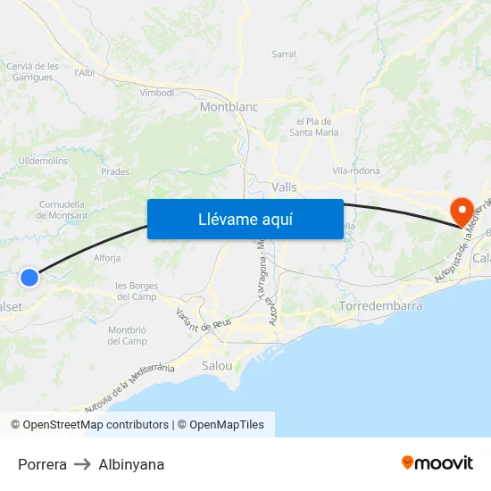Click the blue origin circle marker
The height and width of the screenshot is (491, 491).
point(29,278)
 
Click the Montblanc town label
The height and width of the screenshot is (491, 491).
point(229,106)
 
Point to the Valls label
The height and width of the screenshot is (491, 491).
point(284,187)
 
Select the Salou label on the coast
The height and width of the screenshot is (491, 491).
point(218,366)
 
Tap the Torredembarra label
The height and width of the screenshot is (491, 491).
point(381,306)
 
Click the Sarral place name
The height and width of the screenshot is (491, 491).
point(284,54)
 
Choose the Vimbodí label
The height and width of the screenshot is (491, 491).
point(157,92)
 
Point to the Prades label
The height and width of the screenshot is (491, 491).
point(115,172)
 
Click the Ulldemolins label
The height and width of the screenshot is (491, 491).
point(43,161)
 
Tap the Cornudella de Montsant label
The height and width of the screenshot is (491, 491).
point(63,210)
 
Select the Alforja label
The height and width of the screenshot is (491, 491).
point(107,258)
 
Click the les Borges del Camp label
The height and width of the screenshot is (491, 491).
point(136,291)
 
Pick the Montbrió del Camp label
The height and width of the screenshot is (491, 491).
point(127,336)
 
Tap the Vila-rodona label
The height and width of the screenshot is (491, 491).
point(356,171)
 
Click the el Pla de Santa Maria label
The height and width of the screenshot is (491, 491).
point(313,127)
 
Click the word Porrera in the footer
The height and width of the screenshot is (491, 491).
point(42,464)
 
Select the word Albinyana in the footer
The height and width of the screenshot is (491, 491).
point(131,464)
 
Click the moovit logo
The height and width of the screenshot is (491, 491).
point(437,462)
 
